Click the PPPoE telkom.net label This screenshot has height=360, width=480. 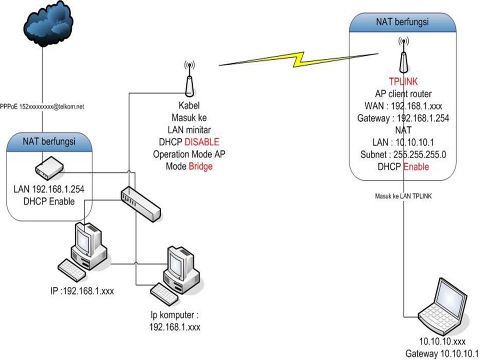click(x=42, y=107)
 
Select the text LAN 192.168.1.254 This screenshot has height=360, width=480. click(x=48, y=191)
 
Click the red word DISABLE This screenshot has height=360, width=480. click(x=201, y=142)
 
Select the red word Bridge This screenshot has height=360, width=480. click(x=200, y=166)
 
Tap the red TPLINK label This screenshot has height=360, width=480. click(x=403, y=82)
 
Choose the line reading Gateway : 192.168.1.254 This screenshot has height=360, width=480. click(x=403, y=118)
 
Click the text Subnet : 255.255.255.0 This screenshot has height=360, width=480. click(x=403, y=155)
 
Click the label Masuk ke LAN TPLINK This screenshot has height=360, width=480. click(x=403, y=196)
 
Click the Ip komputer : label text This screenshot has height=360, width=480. click(x=174, y=315)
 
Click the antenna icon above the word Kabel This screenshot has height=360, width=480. click(x=189, y=80)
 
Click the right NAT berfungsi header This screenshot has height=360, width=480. click(x=403, y=22)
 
